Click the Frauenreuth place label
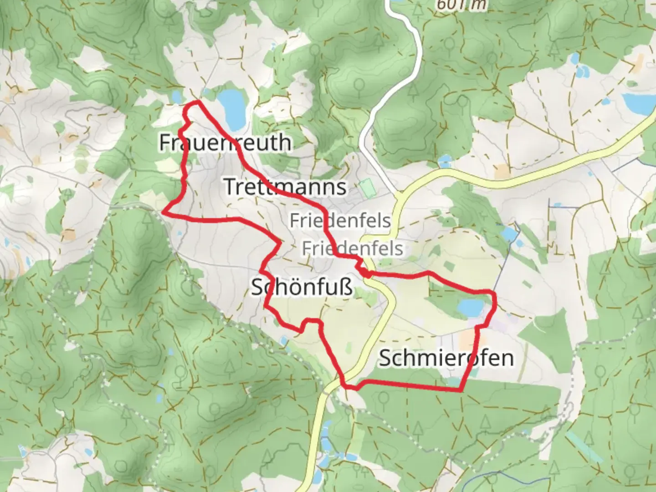click(225, 143)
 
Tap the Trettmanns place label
click(285, 187)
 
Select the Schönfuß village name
click(302, 287)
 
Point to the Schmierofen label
click(446, 358)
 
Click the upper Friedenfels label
click(340, 221)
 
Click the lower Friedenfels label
click(352, 249)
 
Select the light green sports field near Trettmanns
click(365, 187)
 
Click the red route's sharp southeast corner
click(461, 390)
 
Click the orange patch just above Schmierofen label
click(467, 339)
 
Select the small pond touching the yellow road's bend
click(445, 161)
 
